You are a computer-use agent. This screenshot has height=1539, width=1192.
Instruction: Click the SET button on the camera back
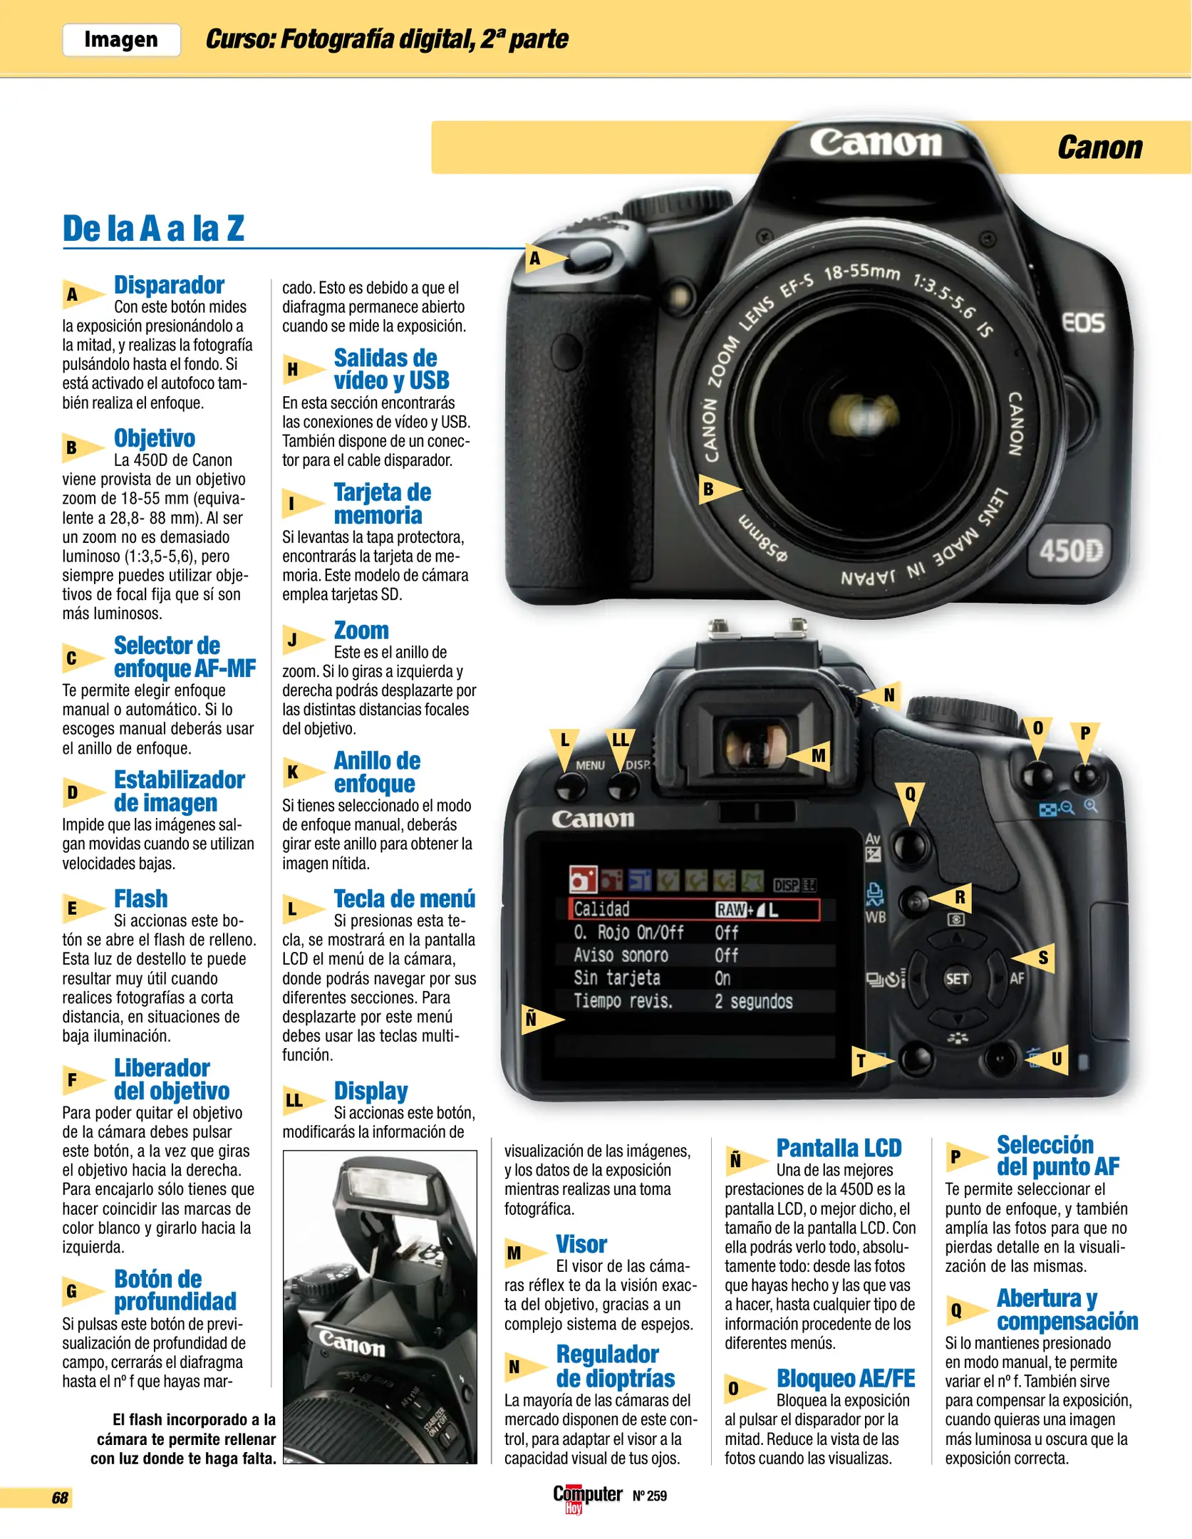pos(956,978)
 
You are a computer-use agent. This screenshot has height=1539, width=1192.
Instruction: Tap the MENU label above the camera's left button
pos(590,765)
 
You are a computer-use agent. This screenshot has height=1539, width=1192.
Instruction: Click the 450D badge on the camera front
pos(1070,550)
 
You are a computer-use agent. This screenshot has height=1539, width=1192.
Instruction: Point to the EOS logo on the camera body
pos(1083,323)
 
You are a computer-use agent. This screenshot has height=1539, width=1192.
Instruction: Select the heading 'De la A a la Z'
pos(153,229)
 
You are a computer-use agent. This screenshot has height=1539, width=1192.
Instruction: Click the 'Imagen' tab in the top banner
pos(121,39)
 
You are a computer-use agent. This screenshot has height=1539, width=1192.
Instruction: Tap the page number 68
pos(60,1498)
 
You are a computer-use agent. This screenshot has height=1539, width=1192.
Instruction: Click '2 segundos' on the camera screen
pos(753,1001)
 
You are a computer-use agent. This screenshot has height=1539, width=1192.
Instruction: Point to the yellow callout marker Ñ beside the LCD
pos(541,1019)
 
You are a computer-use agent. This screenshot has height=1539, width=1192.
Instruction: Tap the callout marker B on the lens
pos(718,489)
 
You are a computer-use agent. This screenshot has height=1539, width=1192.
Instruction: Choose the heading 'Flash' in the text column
pos(141,899)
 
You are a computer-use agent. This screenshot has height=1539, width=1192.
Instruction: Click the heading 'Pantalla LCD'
pos(839,1149)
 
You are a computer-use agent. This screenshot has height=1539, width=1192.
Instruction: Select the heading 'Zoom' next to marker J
pos(361,631)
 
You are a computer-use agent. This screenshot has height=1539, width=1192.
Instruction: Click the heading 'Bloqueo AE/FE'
pos(846,1379)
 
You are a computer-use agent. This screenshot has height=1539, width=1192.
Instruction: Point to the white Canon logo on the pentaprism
pos(875,142)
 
